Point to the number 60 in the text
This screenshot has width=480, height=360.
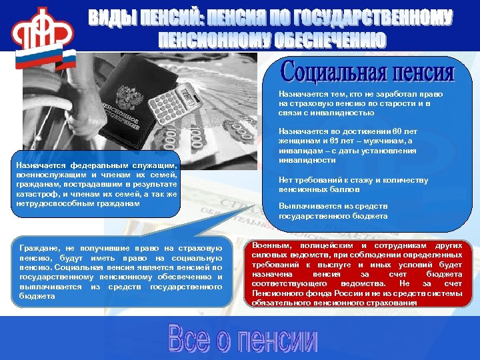[397, 132]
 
